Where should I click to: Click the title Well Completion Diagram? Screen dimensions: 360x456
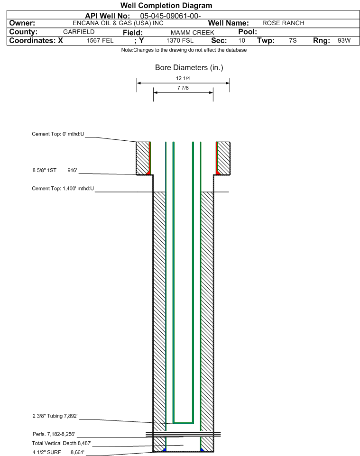pos(166,6)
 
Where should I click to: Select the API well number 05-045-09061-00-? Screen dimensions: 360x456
pos(170,16)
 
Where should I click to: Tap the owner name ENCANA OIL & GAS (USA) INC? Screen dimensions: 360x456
pos(118,23)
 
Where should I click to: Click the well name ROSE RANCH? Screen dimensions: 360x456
pos(283,23)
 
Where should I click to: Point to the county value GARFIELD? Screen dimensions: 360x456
pos(79,32)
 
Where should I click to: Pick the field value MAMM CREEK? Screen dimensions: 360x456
pos(193,33)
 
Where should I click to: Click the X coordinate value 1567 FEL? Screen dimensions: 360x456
pos(100,40)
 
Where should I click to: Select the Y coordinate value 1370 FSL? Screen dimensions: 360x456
pos(180,40)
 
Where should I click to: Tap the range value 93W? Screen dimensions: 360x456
pos(344,40)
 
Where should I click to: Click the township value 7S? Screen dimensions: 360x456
pos(293,40)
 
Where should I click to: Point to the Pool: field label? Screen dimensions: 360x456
pos(248,32)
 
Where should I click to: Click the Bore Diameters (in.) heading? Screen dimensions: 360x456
pos(189,67)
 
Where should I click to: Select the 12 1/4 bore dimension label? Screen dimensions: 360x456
pos(183,78)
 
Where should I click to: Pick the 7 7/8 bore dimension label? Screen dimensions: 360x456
pos(183,88)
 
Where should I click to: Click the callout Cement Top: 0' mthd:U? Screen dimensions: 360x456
pos(58,134)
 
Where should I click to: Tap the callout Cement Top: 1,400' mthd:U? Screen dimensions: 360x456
pos(63,189)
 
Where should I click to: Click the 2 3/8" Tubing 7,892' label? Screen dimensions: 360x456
pos(55,416)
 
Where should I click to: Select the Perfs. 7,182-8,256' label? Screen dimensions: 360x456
pos(54,434)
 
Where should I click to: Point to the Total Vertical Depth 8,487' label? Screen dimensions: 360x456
pos(62,443)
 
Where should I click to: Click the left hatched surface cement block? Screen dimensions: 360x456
pos(143,158)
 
